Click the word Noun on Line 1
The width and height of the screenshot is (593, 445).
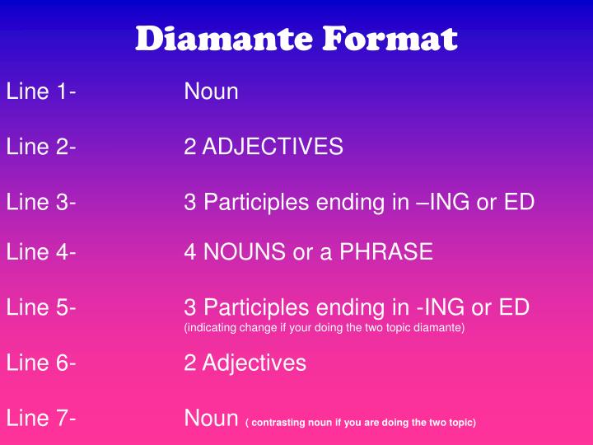[212, 91]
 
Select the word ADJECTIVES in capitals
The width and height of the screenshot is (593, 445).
[273, 148]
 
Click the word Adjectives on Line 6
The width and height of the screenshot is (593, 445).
[254, 363]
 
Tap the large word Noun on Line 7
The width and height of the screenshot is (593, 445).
[212, 419]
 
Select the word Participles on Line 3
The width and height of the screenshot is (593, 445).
[257, 202]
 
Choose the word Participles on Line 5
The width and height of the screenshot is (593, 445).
[257, 308]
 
